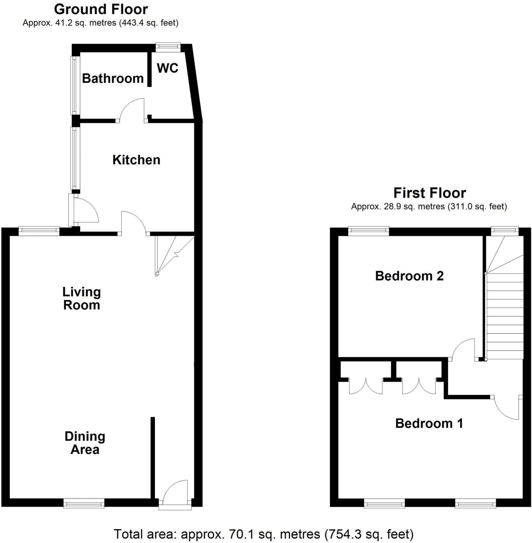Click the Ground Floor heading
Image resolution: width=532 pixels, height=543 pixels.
tap(101, 10)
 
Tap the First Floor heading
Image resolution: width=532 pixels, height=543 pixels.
tap(430, 193)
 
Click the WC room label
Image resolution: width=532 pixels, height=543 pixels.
tap(168, 68)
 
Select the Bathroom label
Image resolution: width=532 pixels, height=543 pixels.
tap(113, 78)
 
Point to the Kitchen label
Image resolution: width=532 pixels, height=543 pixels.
tap(136, 160)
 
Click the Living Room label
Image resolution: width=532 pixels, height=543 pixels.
tap(81, 299)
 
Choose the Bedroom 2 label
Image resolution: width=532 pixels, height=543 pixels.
tap(409, 276)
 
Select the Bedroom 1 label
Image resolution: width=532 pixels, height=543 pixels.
tap(429, 423)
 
